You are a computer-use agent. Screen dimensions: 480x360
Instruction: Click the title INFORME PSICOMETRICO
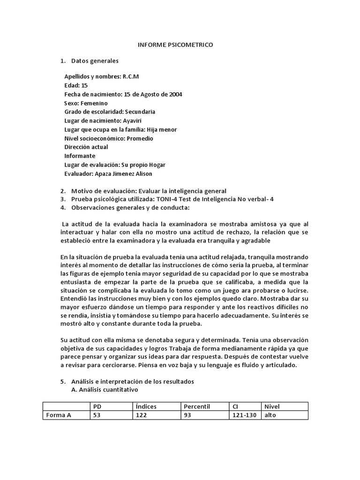tap(175, 45)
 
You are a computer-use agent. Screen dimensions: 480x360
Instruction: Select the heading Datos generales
tap(95, 61)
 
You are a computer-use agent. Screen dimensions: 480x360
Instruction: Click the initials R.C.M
tap(131, 76)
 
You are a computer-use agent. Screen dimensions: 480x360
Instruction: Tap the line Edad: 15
tap(76, 85)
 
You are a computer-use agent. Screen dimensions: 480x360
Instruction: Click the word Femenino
tap(94, 103)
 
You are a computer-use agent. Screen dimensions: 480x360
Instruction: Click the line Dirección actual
tap(86, 147)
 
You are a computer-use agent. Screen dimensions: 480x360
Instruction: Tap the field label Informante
tap(80, 156)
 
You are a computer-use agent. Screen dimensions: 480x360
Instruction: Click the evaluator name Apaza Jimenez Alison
tap(123, 174)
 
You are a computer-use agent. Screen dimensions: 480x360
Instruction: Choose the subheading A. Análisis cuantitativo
tap(105, 390)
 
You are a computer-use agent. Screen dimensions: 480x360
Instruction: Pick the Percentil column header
tap(197, 406)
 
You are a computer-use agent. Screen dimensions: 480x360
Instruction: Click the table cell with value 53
tap(97, 415)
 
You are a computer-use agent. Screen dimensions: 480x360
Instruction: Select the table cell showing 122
tap(141, 415)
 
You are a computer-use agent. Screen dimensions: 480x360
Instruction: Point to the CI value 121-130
tap(244, 415)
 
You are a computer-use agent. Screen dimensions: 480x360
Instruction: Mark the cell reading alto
tap(270, 415)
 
